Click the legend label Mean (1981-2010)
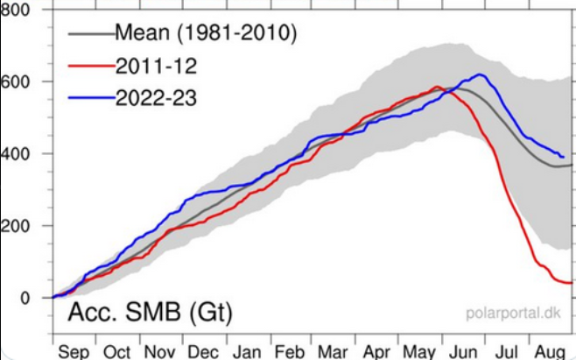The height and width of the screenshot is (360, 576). coord(207,34)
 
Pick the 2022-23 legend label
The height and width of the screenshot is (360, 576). coord(155,97)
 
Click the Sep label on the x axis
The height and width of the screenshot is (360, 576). coord(74,352)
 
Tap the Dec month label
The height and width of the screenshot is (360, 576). coord(202,352)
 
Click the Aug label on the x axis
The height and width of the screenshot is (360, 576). coord(550,352)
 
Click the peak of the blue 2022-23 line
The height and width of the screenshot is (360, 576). coord(481,74)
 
